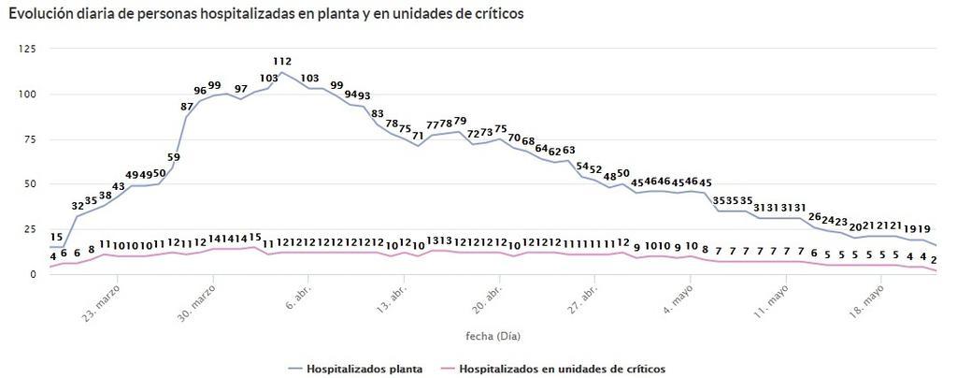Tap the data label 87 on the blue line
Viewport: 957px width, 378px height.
187,107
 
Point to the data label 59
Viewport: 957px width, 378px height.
174,157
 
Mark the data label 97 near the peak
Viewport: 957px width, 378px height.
241,89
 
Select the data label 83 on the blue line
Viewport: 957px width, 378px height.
378,114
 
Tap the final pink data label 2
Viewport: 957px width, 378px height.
935,259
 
